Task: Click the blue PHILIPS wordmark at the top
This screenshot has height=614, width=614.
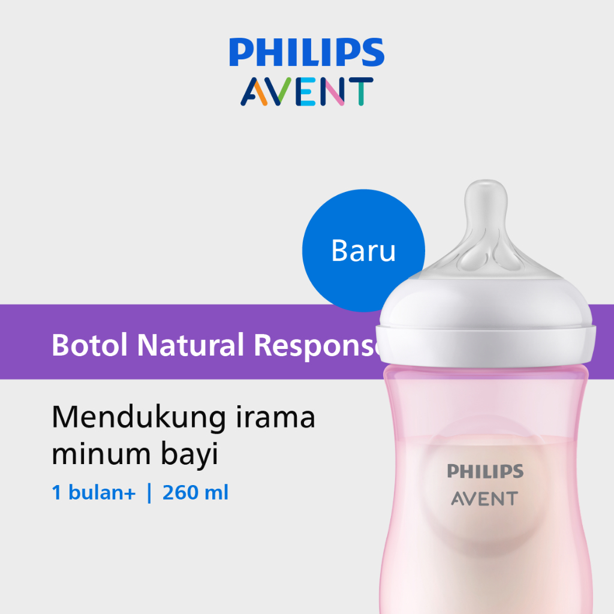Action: [x=306, y=52]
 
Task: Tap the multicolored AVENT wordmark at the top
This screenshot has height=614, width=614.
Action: [x=306, y=92]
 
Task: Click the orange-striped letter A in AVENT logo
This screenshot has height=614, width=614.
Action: [x=254, y=92]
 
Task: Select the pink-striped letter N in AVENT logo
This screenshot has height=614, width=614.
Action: [x=332, y=92]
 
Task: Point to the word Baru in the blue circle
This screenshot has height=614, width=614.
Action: [x=363, y=251]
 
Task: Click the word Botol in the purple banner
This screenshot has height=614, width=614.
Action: [x=90, y=345]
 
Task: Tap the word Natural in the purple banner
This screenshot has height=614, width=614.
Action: [x=191, y=345]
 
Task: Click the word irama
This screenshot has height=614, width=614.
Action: [x=275, y=417]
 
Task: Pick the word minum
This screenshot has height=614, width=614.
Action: [x=101, y=455]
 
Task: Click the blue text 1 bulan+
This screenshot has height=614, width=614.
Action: [x=94, y=493]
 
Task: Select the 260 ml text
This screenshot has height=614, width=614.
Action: [x=195, y=493]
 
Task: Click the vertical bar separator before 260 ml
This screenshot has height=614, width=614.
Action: [x=149, y=493]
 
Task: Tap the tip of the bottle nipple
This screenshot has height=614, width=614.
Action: [x=486, y=182]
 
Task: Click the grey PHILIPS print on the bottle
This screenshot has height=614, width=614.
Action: [x=485, y=471]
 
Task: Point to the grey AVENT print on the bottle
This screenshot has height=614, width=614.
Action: [x=484, y=498]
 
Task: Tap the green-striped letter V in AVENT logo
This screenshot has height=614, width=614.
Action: [x=279, y=92]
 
